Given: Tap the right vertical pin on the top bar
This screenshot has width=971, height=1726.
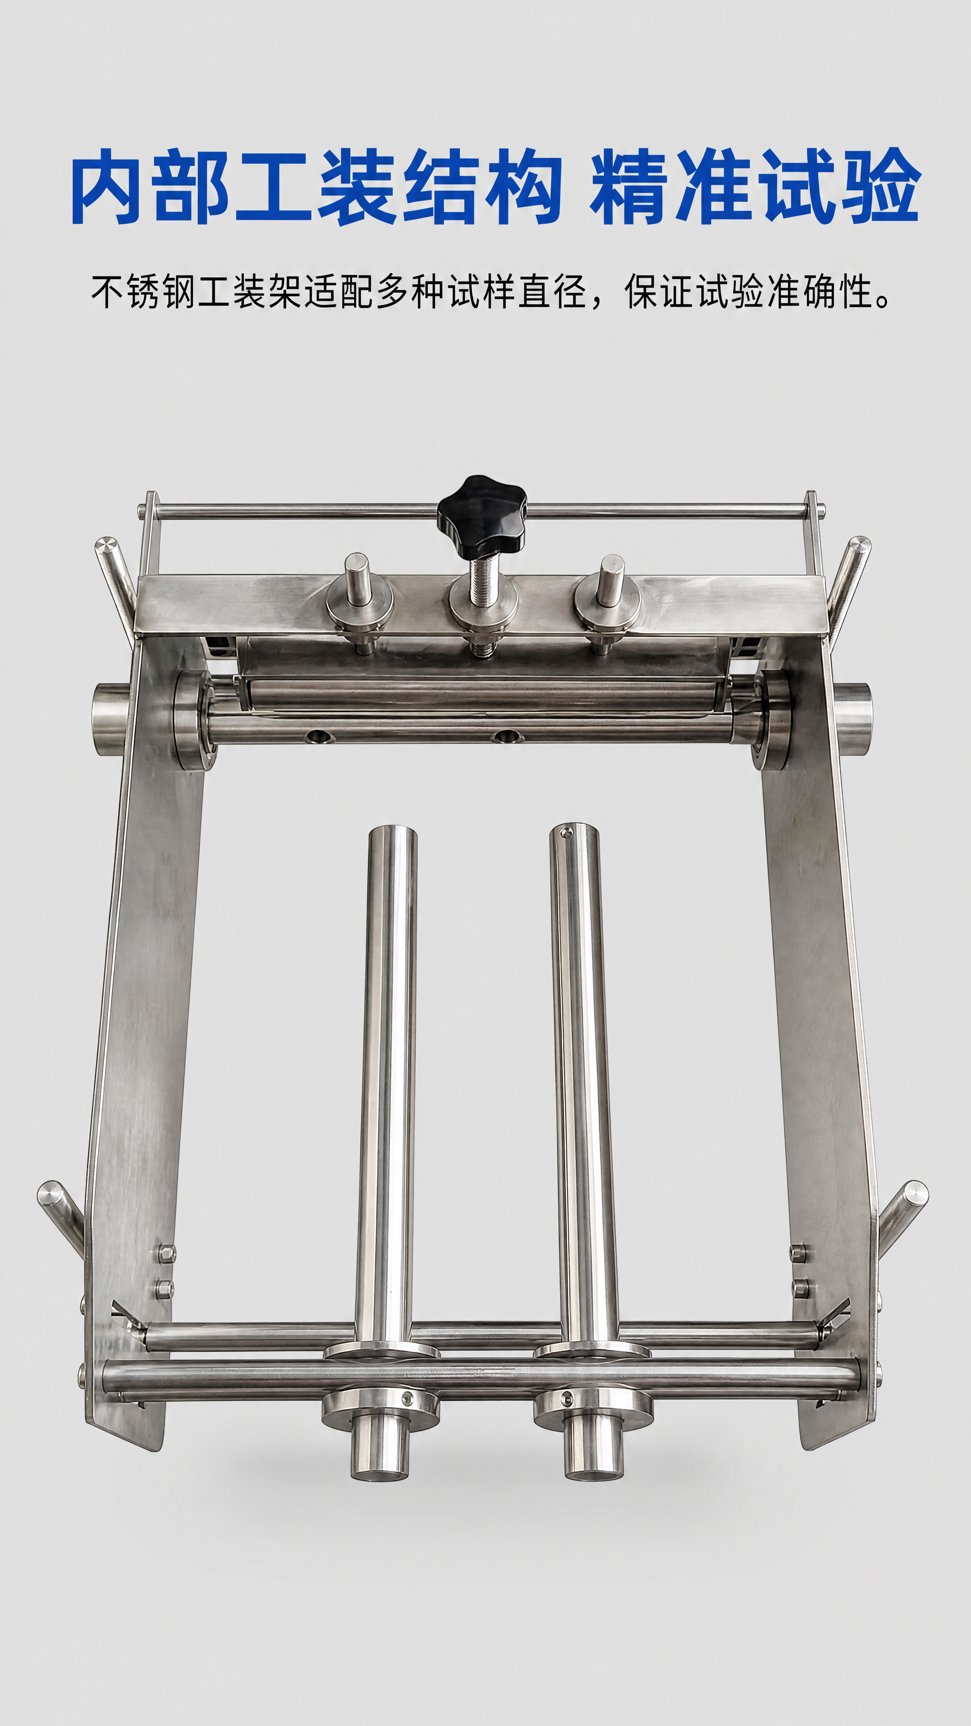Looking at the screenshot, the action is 610,579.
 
